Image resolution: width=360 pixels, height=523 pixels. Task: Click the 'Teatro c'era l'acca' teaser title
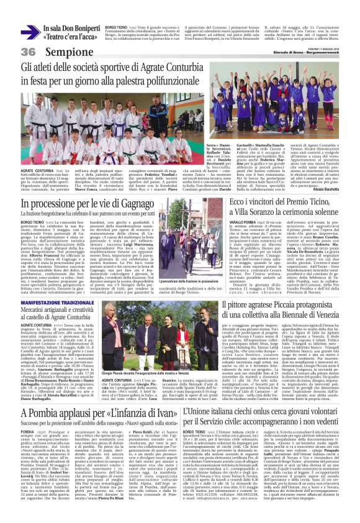click(70, 37)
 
